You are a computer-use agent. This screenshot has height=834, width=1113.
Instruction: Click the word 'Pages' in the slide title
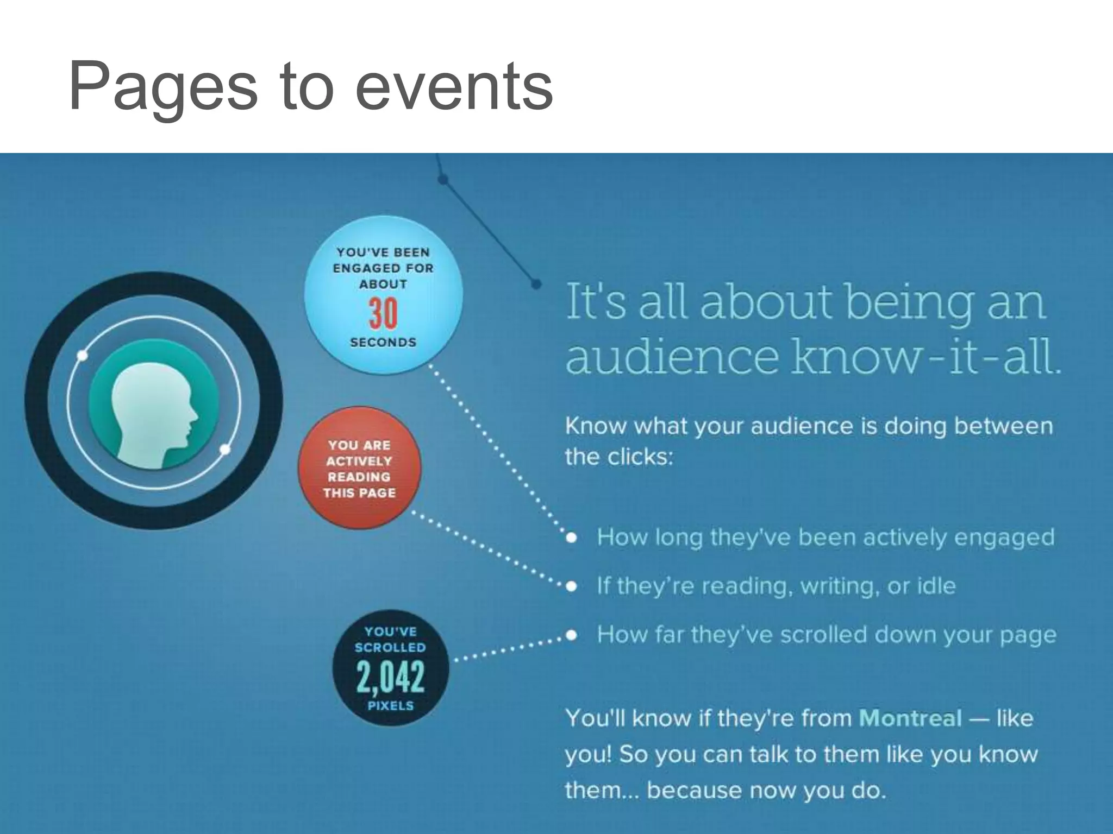(163, 87)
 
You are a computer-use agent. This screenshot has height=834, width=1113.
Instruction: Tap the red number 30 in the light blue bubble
(383, 314)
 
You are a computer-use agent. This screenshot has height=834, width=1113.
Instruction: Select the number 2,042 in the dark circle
(390, 677)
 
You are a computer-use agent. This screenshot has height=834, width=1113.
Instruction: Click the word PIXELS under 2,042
(390, 706)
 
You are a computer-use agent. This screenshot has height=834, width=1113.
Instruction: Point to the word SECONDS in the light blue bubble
(383, 343)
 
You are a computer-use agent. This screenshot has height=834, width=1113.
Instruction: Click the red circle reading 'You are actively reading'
(359, 468)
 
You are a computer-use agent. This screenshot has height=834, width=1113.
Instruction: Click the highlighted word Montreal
(910, 718)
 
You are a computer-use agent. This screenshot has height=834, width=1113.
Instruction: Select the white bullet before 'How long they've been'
(571, 538)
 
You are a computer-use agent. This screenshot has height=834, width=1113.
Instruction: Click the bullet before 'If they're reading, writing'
(571, 586)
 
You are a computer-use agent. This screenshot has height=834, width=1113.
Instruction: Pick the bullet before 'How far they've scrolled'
(571, 635)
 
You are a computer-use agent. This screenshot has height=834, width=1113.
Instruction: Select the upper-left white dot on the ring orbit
(83, 356)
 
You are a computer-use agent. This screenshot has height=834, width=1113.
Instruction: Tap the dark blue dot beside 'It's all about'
(536, 284)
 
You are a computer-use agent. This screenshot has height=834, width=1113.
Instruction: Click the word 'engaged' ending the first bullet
(1004, 538)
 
